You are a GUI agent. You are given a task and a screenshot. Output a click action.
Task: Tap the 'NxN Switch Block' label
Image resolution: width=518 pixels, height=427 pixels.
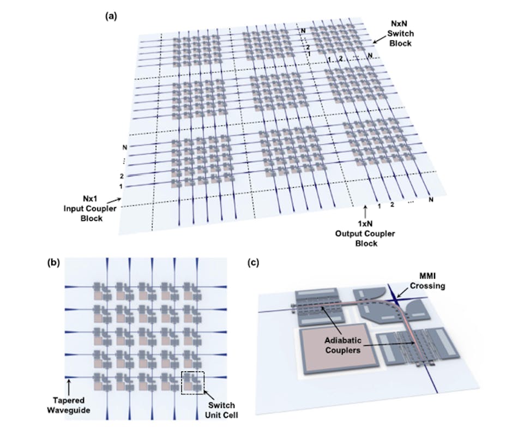coord(399,33)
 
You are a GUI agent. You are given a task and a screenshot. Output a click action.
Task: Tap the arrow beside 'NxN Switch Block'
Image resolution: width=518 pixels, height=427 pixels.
coord(378,38)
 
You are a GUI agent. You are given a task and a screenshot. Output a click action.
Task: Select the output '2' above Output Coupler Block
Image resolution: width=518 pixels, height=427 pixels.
coord(391,205)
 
